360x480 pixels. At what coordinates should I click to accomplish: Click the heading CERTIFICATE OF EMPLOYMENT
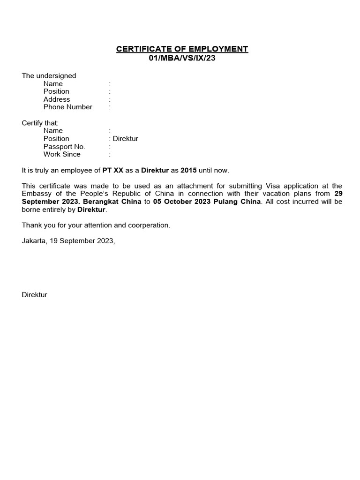182,49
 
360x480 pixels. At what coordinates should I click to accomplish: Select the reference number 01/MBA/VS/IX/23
182,58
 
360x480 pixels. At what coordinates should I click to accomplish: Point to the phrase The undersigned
49,76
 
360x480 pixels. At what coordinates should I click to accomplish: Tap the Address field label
57,99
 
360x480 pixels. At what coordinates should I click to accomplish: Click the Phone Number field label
68,107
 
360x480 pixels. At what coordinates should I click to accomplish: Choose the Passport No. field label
64,147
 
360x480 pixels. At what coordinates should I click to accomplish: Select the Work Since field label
62,154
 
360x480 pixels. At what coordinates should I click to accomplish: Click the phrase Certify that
40,123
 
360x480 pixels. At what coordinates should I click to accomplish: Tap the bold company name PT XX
113,171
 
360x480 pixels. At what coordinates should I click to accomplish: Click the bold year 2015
189,171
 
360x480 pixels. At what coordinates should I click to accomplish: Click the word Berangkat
103,202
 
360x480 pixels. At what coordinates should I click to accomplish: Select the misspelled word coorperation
149,225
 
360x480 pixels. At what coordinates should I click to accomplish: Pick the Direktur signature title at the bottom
34,295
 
